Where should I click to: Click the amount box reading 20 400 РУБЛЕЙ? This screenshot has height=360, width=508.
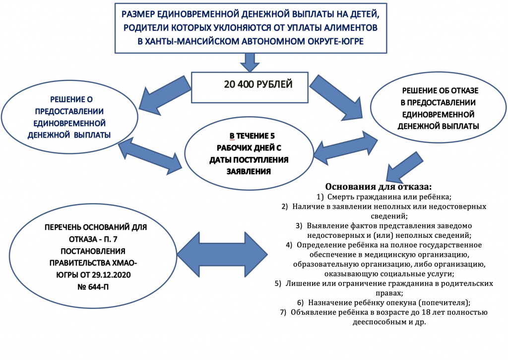click(x=258, y=86)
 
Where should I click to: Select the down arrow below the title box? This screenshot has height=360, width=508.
click(x=251, y=62)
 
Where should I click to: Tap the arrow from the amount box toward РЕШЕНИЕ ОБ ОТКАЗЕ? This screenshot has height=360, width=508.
click(x=337, y=101)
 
